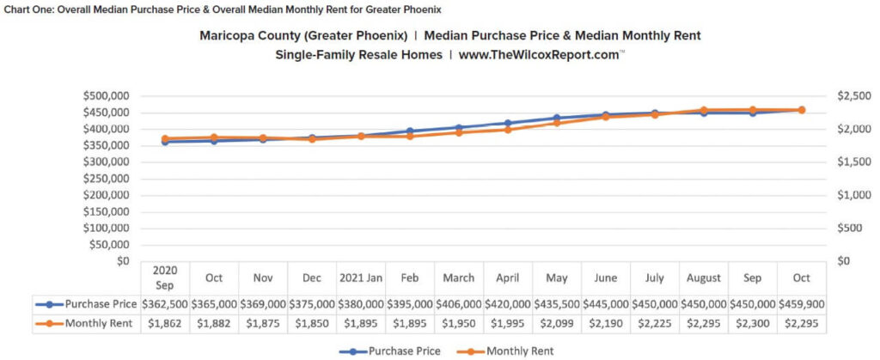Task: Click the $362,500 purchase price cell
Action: (165, 303)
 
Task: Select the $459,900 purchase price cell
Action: (802, 303)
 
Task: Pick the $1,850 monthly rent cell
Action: (312, 324)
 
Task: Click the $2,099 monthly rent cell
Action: (557, 324)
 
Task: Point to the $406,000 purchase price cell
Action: (459, 303)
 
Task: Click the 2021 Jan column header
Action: (361, 278)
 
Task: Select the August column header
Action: (704, 278)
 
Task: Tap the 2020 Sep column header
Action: (165, 278)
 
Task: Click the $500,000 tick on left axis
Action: (106, 95)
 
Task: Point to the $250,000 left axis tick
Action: (106, 178)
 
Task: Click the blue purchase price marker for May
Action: (557, 118)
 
